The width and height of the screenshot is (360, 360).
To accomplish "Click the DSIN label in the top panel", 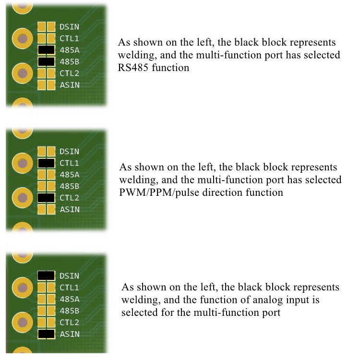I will point(70,26).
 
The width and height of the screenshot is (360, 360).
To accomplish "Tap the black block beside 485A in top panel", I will point(46,49).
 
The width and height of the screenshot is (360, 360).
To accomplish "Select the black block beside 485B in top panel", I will point(46,61).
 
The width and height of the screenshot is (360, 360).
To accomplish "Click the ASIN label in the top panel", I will point(70,85).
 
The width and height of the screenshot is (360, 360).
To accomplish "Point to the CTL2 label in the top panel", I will point(70,73).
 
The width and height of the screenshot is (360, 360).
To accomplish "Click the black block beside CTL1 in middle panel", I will point(46,163).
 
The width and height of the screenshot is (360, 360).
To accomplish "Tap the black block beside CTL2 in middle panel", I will point(46,198).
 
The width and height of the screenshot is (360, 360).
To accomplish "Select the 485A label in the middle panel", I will point(70,175).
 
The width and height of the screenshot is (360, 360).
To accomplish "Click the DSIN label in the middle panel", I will point(70,152).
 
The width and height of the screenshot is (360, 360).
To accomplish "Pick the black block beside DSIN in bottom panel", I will point(46,276).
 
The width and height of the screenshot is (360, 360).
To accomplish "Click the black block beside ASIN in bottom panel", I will point(46,334).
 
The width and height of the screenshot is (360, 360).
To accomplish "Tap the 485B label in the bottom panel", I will point(70,311).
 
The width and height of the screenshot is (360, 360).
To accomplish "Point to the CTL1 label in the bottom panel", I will point(70,288).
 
